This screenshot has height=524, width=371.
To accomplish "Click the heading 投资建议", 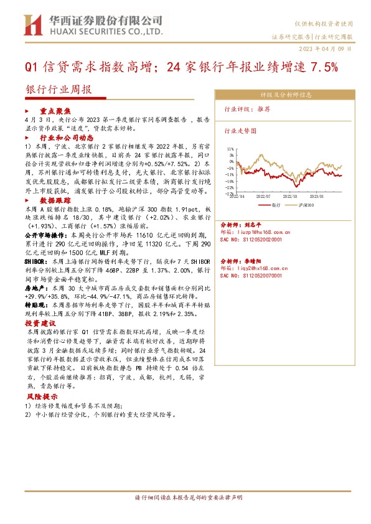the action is [40, 324].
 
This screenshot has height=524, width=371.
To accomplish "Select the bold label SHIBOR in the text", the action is [39, 263].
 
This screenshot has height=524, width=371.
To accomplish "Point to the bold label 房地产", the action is [37, 289].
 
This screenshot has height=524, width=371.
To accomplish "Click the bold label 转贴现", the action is [37, 306].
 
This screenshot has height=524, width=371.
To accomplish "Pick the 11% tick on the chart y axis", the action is [232, 149].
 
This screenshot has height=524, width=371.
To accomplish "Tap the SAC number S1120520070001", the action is [255, 273].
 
